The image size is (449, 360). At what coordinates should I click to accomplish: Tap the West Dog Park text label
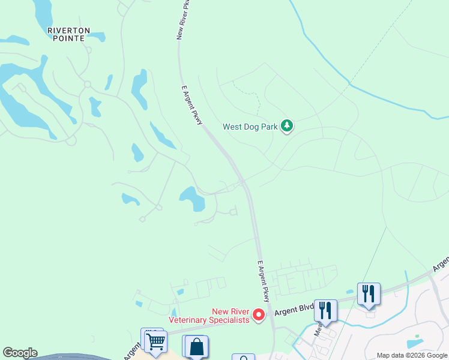251,127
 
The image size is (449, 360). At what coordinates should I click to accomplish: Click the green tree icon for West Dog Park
288,126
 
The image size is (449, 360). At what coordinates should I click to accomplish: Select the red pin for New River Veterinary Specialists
259,314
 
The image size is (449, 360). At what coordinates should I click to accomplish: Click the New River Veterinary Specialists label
209,316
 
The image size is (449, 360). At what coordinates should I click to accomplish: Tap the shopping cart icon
155,342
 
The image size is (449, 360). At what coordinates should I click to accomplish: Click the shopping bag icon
196,347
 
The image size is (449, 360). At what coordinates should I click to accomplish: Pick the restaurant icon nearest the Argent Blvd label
325,310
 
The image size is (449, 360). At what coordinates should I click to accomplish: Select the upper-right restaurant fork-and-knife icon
369,293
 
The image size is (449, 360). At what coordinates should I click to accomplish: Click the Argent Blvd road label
295,311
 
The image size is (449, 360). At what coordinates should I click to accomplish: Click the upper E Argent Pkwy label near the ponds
193,105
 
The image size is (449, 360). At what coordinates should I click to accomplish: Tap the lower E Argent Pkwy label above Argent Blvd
265,281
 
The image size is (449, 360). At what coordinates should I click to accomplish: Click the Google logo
20,353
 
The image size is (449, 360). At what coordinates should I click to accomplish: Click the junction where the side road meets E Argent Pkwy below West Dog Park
242,181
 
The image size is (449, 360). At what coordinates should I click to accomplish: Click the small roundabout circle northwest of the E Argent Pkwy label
87,85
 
